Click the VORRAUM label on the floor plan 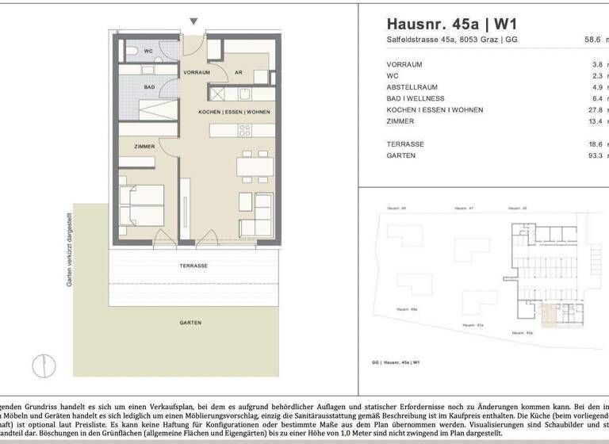tap(196, 72)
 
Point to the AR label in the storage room tap(238, 72)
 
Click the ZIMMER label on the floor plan tap(144, 146)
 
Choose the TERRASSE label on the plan tap(192, 266)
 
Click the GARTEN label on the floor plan tap(190, 323)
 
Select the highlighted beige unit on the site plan tap(550, 319)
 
